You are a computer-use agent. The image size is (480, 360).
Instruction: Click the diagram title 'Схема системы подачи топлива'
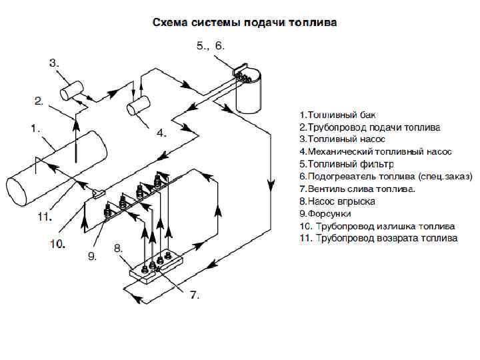pos(245,23)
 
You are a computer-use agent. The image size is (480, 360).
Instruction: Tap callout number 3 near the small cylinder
pos(55,63)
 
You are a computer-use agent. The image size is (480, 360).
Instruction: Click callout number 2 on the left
pos(39,101)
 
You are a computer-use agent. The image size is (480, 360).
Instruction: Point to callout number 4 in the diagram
pos(161,133)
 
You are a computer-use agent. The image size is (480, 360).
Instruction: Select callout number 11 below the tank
pos(44,217)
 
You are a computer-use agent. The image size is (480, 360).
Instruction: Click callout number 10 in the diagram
pos(57,244)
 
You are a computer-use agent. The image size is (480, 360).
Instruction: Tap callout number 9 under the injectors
pos(93,255)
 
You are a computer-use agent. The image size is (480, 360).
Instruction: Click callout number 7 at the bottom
pos(195,294)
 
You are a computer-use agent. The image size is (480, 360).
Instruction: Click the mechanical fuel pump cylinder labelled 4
pos(139,105)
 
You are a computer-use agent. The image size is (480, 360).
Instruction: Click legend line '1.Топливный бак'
pos(333,115)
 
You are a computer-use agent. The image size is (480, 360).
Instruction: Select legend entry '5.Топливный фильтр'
pos(347,163)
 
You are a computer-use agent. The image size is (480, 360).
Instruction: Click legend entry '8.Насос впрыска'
pos(337,201)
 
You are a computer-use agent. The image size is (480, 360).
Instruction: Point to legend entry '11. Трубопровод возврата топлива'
pos(378,238)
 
